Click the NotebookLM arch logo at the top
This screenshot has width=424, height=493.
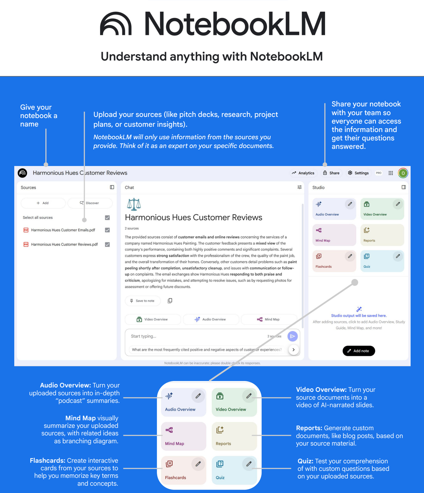(x=116, y=24)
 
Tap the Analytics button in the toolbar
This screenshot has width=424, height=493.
(x=303, y=173)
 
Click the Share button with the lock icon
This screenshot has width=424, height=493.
(x=331, y=173)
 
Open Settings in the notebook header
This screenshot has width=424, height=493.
(x=358, y=173)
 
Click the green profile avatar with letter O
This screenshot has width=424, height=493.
(x=403, y=173)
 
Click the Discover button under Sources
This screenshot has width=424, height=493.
(x=90, y=203)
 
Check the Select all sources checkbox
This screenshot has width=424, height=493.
(x=107, y=218)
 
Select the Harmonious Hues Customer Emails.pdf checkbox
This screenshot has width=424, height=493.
(x=107, y=230)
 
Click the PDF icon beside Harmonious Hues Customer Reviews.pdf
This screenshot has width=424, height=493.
(x=26, y=244)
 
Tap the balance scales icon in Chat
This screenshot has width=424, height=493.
(x=134, y=204)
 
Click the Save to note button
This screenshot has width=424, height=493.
(x=142, y=301)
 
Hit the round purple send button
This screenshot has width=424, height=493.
(x=292, y=336)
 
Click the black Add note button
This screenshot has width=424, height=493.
(x=358, y=351)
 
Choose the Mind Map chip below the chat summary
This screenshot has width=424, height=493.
(x=268, y=319)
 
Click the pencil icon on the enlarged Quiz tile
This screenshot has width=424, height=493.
(x=249, y=464)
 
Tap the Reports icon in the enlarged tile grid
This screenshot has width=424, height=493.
(x=220, y=430)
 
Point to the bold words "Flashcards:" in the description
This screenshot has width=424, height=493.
(x=47, y=461)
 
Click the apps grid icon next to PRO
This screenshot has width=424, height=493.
(x=391, y=173)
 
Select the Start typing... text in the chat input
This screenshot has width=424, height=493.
(x=144, y=336)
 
